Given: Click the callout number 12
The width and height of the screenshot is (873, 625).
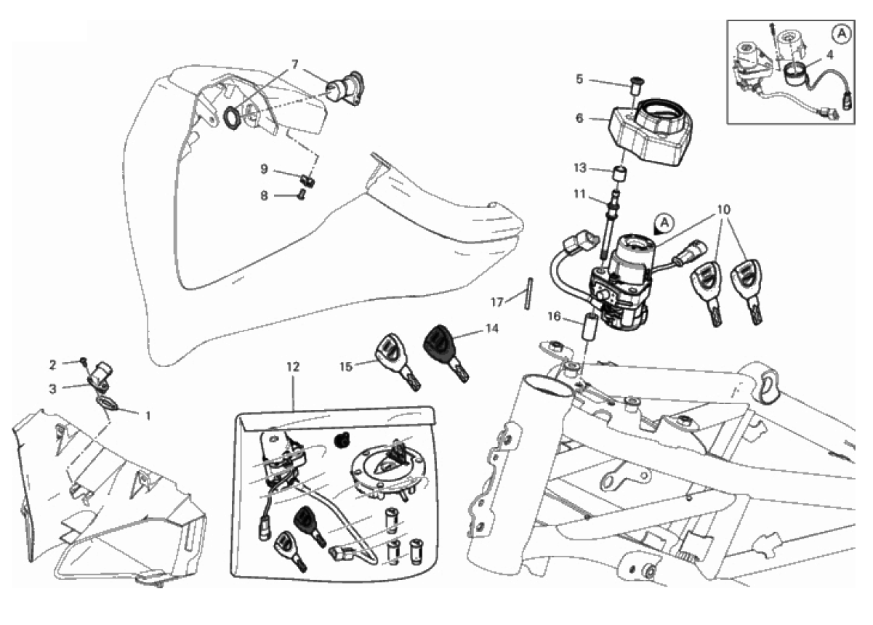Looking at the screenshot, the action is pyautogui.click(x=293, y=367).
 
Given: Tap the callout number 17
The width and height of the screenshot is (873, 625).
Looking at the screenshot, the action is pyautogui.click(x=497, y=302).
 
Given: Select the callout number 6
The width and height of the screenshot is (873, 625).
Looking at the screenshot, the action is pyautogui.click(x=579, y=118).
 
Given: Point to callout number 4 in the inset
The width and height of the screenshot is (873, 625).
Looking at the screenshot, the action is pyautogui.click(x=829, y=55).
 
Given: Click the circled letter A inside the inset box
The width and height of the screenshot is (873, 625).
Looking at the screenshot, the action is pyautogui.click(x=842, y=34).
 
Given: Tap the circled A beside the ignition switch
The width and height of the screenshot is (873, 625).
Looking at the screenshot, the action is pyautogui.click(x=665, y=223).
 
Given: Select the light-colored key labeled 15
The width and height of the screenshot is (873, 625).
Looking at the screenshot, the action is pyautogui.click(x=398, y=362).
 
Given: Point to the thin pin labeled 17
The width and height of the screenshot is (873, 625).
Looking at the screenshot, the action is pyautogui.click(x=528, y=294).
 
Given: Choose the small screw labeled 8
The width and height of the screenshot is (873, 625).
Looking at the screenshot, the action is pyautogui.click(x=301, y=196).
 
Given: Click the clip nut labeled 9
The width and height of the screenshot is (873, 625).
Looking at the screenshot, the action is pyautogui.click(x=308, y=181).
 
